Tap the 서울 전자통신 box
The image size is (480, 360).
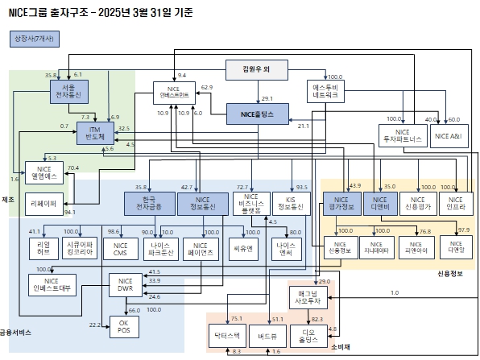coord(62,90)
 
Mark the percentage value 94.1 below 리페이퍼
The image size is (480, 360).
coord(69,212)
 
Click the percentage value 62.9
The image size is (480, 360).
coord(207,87)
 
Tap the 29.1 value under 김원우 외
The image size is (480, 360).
coord(267,97)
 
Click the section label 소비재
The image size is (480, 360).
coord(341,348)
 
